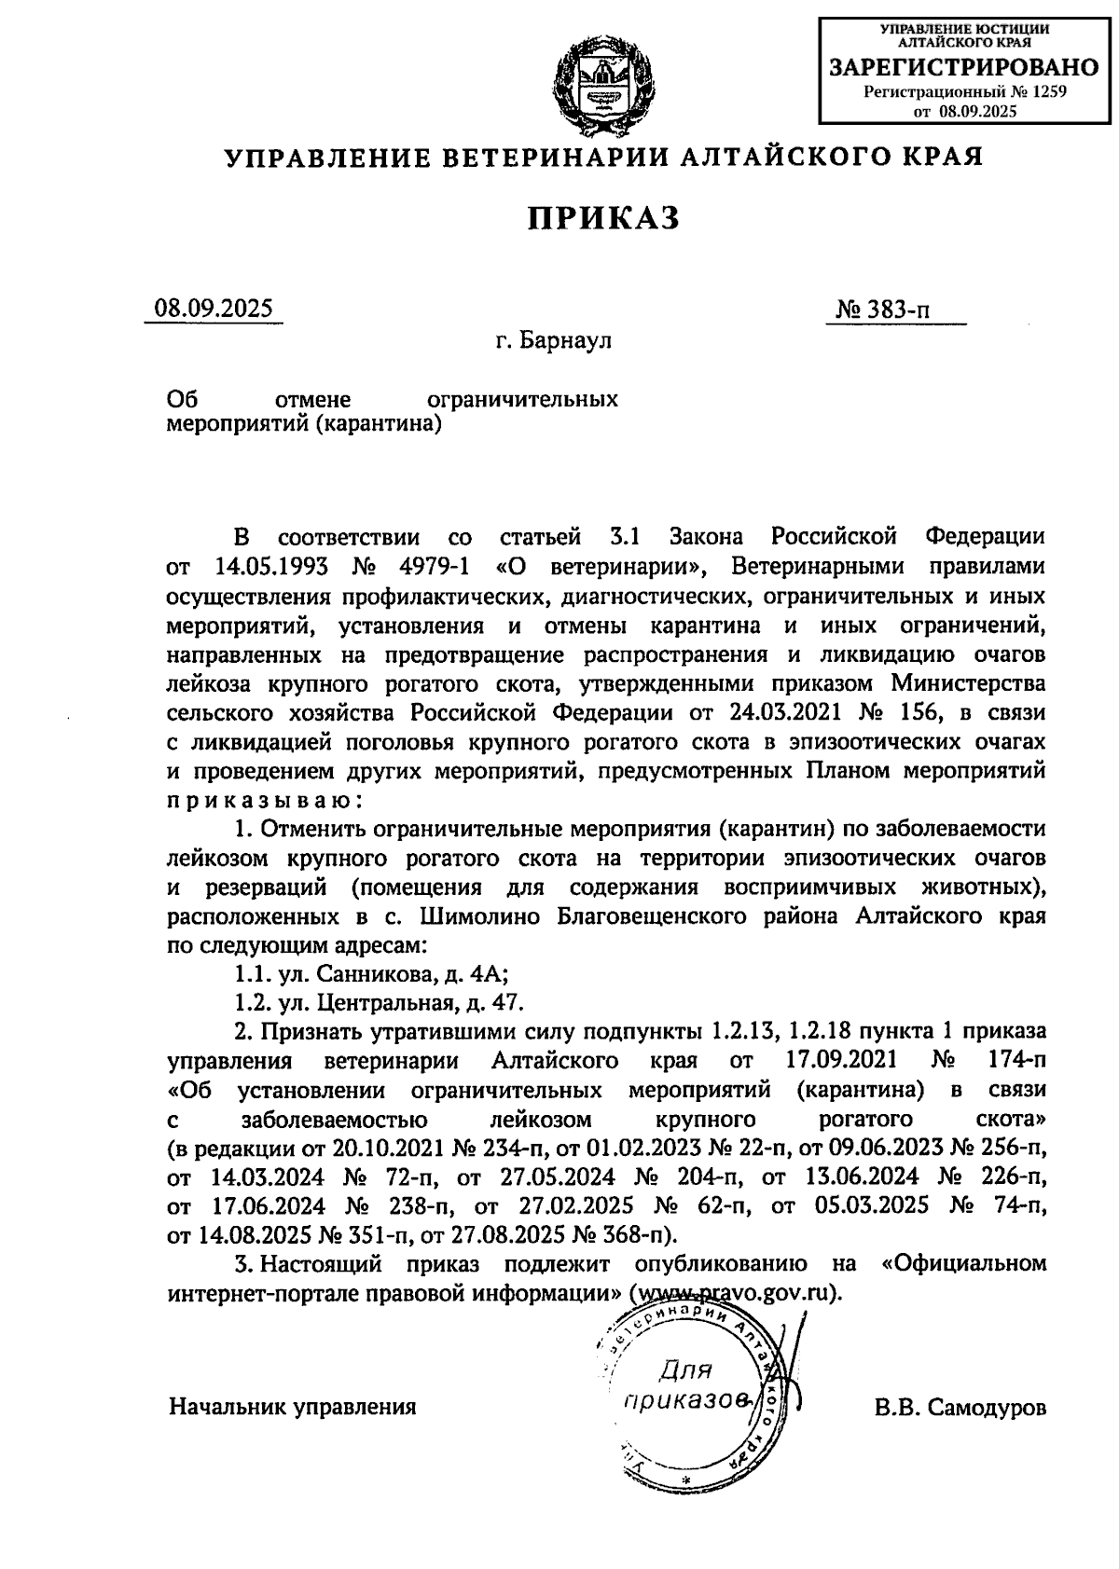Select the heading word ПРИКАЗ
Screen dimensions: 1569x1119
coord(604,218)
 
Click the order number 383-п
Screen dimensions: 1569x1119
coord(896,310)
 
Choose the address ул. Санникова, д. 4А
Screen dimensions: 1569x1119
coord(370,975)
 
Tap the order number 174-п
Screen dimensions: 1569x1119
coord(1014,1061)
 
